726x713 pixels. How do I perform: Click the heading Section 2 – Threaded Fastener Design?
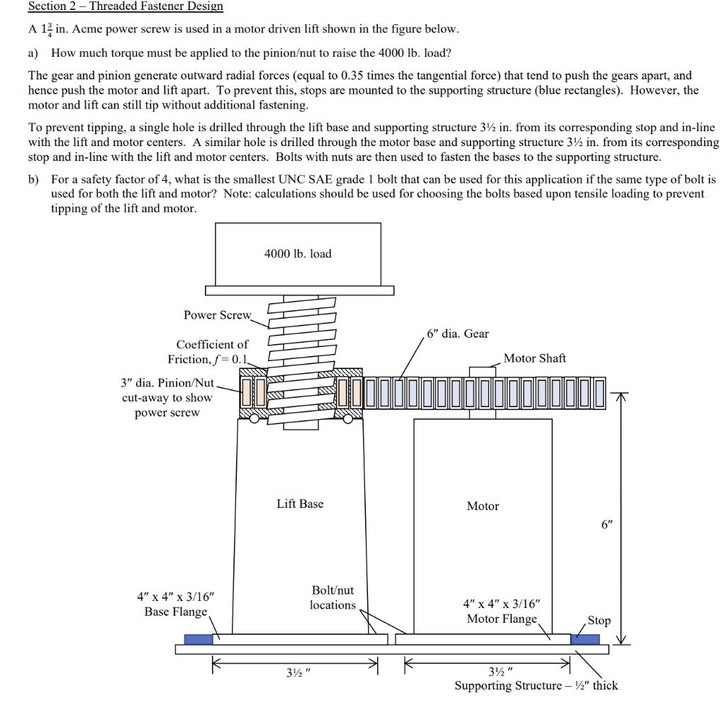tap(125, 6)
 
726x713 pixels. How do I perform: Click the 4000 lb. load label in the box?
tap(298, 253)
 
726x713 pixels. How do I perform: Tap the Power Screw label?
tap(217, 315)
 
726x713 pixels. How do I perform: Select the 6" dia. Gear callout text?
tap(458, 333)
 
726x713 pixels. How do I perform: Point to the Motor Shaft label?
tap(535, 358)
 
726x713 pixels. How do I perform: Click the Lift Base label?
tap(300, 504)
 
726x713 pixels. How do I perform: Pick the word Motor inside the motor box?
tap(483, 506)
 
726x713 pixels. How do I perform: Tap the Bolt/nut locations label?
tap(333, 597)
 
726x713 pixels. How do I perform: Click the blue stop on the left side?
tap(199, 639)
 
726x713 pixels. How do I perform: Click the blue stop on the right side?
tap(585, 639)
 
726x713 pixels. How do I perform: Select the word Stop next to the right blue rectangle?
tap(599, 620)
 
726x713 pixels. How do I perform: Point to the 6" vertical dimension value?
tap(605, 525)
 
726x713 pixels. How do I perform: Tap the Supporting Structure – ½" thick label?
tap(536, 685)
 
